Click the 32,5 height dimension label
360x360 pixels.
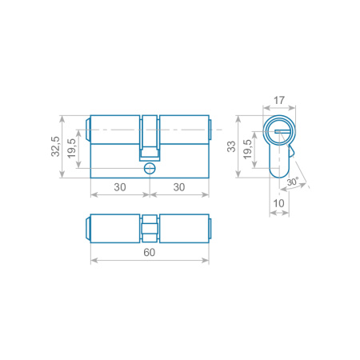point(55,146)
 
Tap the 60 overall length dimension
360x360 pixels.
point(150,252)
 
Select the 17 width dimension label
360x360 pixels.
point(279,101)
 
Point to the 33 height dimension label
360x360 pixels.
point(231,146)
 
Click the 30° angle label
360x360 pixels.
point(293,182)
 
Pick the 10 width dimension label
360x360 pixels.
point(279,203)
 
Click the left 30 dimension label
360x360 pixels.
point(120,187)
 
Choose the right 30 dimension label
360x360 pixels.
point(179,187)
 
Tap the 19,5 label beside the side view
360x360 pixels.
point(71,148)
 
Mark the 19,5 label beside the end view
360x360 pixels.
point(247,150)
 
